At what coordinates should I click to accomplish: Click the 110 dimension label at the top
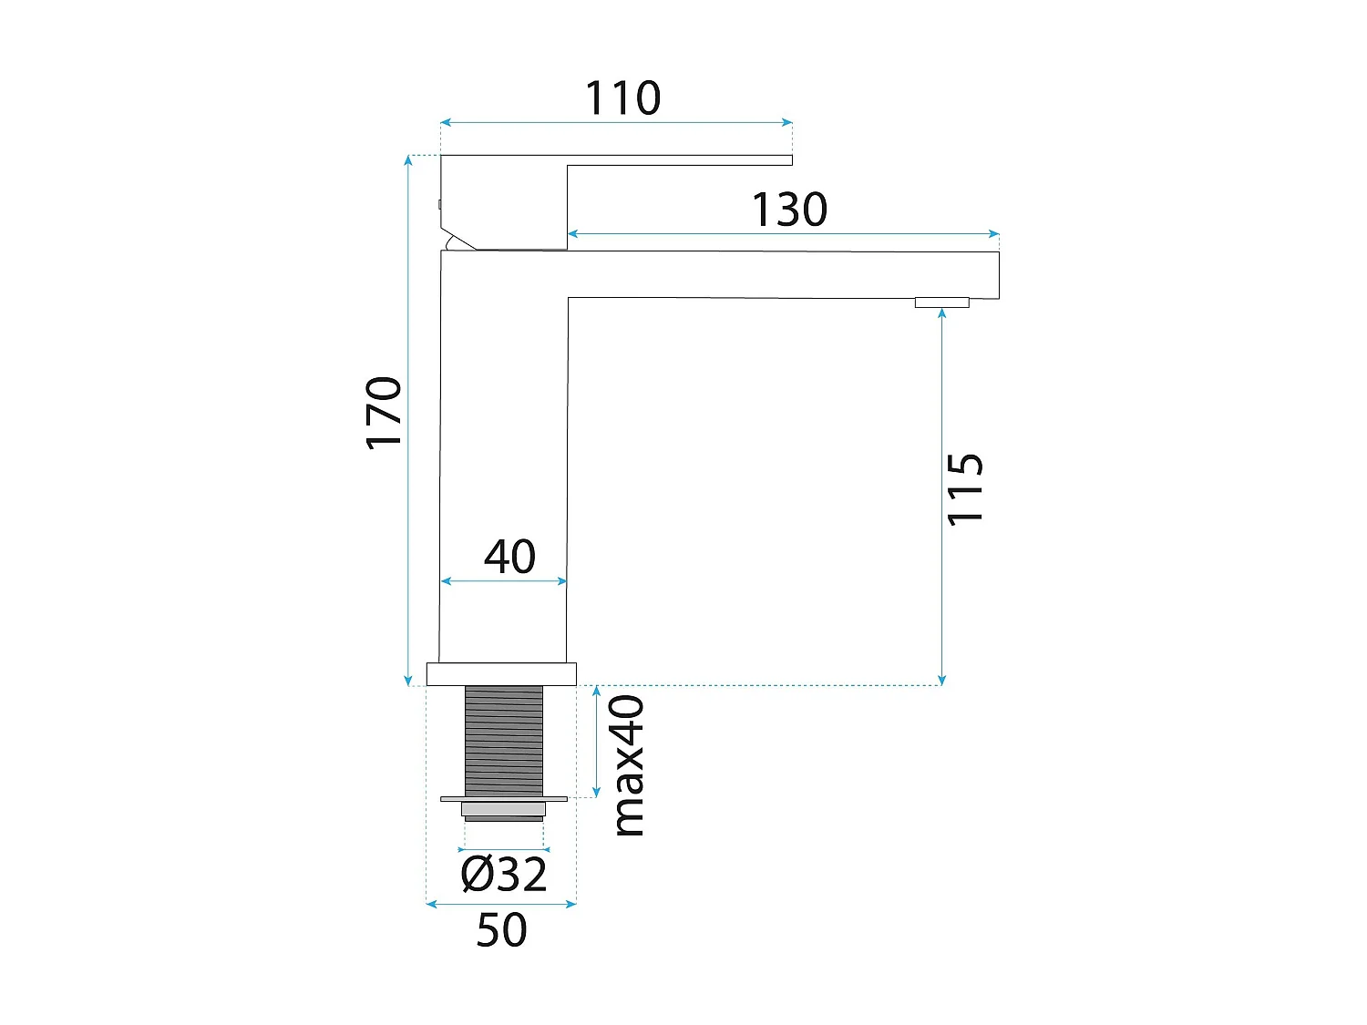point(622,98)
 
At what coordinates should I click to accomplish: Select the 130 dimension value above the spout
point(789,210)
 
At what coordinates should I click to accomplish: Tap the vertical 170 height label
point(384,413)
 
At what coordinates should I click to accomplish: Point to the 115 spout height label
point(965,488)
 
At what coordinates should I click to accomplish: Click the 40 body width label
point(509,557)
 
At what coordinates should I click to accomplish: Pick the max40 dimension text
point(628,765)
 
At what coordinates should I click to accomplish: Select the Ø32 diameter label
point(504,875)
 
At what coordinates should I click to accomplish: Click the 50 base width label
point(501,930)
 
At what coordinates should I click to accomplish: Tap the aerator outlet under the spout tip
point(941,302)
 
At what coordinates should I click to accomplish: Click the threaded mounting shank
point(504,740)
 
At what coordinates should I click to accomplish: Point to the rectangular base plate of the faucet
point(501,674)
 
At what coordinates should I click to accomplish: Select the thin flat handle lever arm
point(679,160)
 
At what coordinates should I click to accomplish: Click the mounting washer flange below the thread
point(504,799)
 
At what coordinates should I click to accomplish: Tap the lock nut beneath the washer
point(504,810)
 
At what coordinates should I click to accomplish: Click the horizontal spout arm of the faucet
point(784,274)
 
